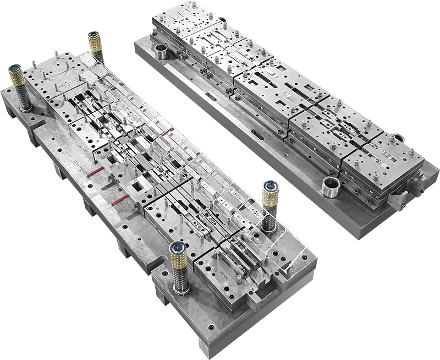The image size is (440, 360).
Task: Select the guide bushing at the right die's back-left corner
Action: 161,52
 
